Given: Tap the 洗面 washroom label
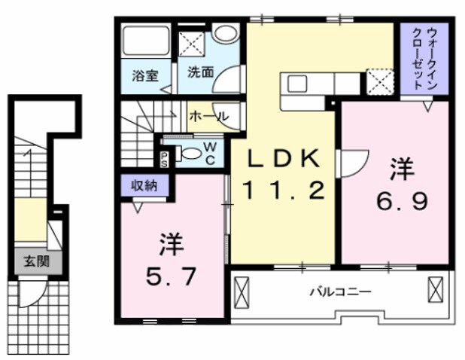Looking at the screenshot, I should click(201, 74).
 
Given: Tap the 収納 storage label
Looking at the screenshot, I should click(144, 185).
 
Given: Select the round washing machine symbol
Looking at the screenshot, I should click(224, 34).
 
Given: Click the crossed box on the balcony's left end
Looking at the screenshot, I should click(242, 291).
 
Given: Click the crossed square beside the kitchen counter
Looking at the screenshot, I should click(377, 80).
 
